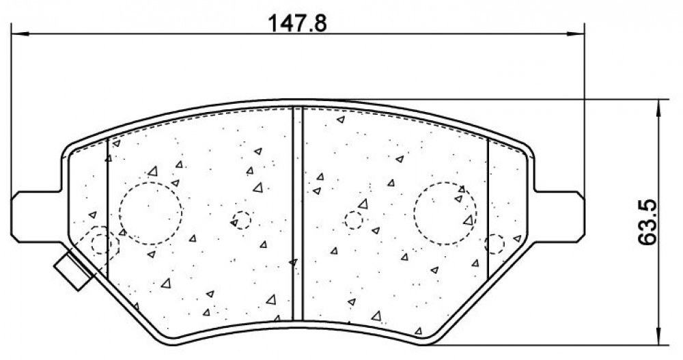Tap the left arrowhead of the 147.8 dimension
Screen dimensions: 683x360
point(20,33)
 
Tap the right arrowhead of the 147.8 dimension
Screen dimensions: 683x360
point(574,33)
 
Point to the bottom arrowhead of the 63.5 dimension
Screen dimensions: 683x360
point(660,336)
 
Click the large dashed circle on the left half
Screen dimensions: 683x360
point(151,182)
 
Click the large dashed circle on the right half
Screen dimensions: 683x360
point(445,182)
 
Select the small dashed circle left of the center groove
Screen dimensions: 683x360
point(242,211)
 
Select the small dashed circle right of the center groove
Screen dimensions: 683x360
point(354,211)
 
